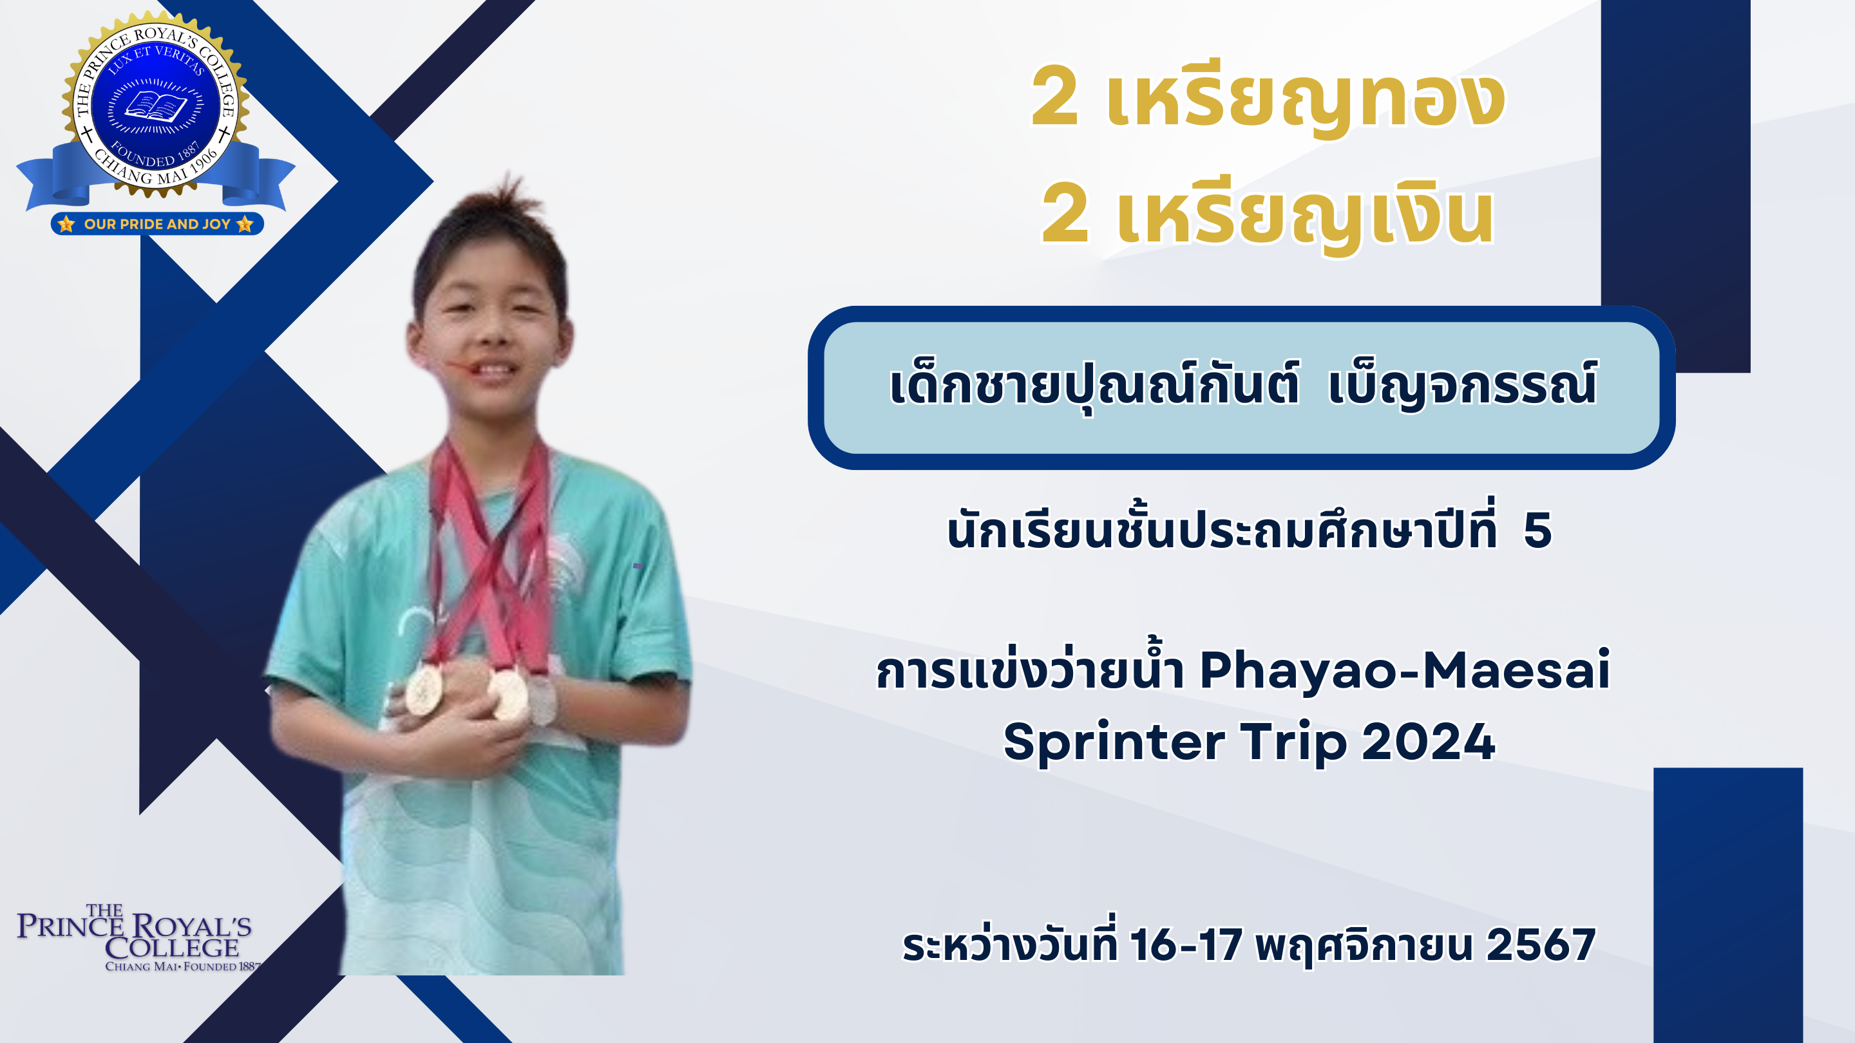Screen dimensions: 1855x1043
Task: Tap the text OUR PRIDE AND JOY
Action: tap(157, 224)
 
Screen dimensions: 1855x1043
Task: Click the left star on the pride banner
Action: tap(66, 224)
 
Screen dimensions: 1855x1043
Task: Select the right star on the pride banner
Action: tap(245, 224)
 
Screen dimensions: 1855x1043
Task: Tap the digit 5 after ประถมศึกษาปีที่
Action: tap(1537, 531)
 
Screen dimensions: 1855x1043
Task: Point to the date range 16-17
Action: tap(1186, 944)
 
